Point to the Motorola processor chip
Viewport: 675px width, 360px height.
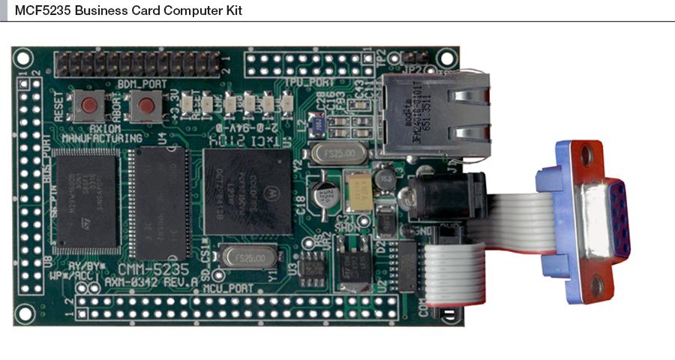point(248,190)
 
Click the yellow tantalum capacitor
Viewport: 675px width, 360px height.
point(358,190)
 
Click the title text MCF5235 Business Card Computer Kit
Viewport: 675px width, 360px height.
point(128,10)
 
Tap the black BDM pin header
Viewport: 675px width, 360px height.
point(138,63)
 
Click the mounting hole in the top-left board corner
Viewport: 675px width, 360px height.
point(23,57)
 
